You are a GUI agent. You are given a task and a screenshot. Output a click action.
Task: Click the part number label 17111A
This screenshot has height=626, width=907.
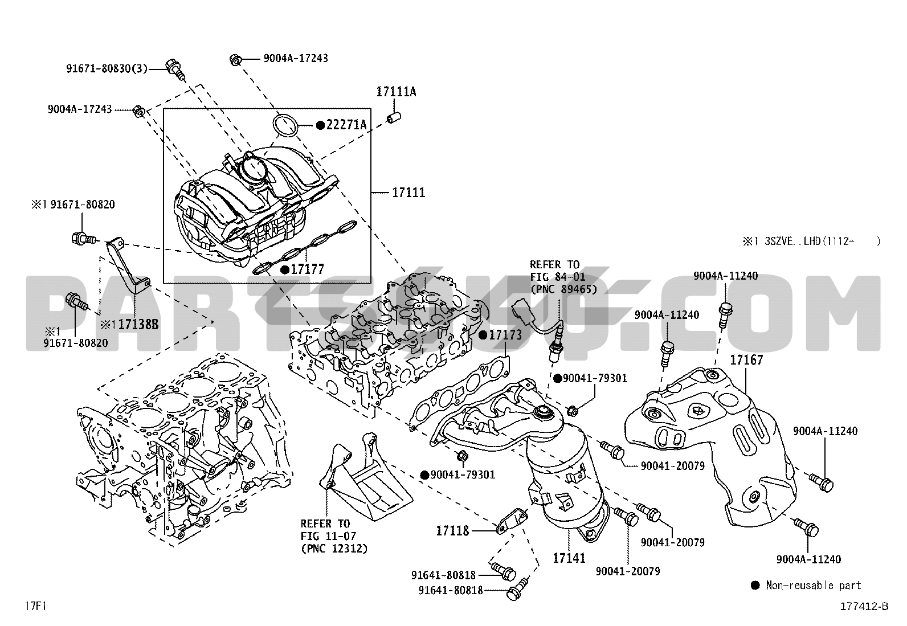click(396, 91)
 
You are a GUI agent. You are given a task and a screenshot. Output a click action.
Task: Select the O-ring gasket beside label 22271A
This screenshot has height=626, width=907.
click(286, 125)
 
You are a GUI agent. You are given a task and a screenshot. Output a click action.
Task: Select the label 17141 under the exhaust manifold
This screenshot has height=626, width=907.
click(569, 558)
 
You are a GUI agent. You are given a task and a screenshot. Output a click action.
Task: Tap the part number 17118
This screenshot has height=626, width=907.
click(452, 531)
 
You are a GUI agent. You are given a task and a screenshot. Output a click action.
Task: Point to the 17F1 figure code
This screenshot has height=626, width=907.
click(35, 605)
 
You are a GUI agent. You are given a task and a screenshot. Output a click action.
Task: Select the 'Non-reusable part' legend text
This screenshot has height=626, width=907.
click(814, 585)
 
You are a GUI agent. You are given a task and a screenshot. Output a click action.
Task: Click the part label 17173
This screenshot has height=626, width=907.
click(505, 335)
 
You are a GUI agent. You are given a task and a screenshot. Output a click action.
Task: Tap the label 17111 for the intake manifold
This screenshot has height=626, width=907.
click(408, 193)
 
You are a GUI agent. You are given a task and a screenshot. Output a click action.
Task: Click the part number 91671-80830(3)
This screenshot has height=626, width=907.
click(106, 69)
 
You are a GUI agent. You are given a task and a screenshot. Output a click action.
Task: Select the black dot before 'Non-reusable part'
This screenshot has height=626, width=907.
click(755, 585)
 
